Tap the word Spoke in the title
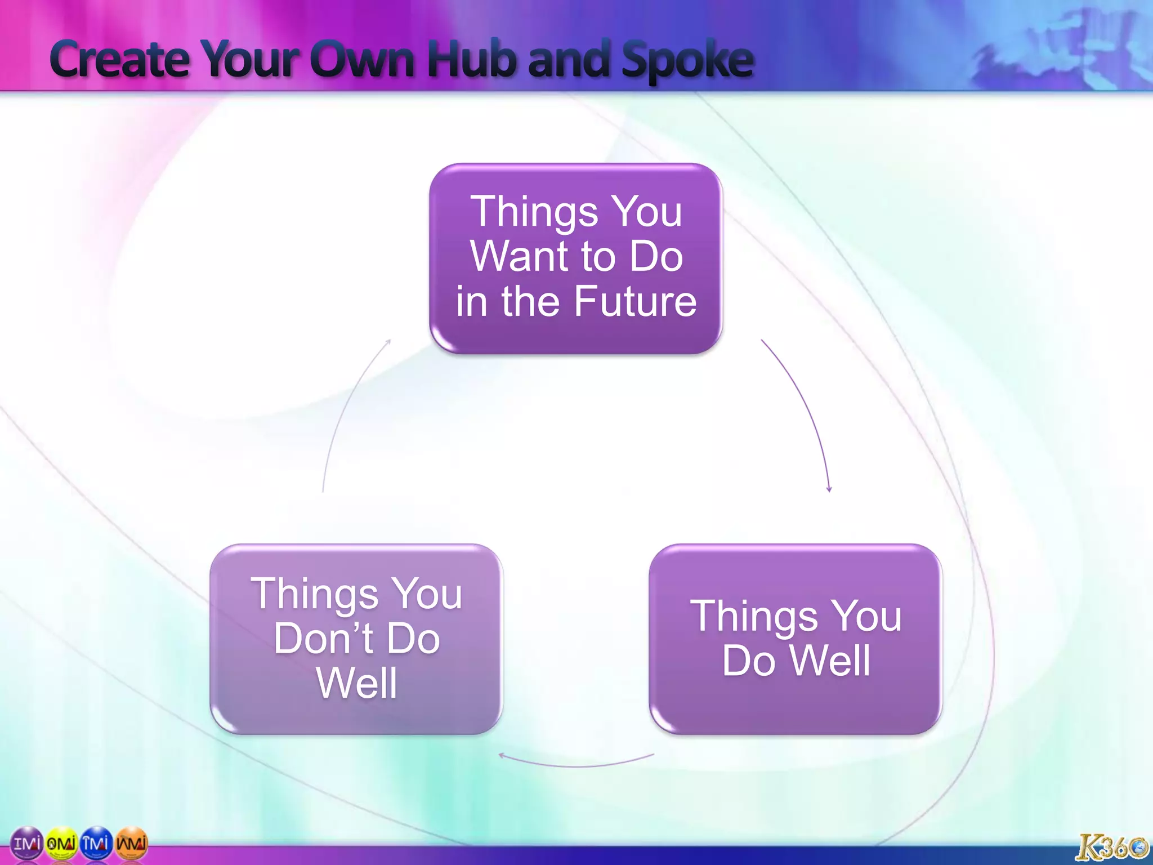click(x=687, y=61)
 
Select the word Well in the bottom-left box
click(x=356, y=683)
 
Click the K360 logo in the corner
click(x=1111, y=847)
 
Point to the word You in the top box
click(x=647, y=212)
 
